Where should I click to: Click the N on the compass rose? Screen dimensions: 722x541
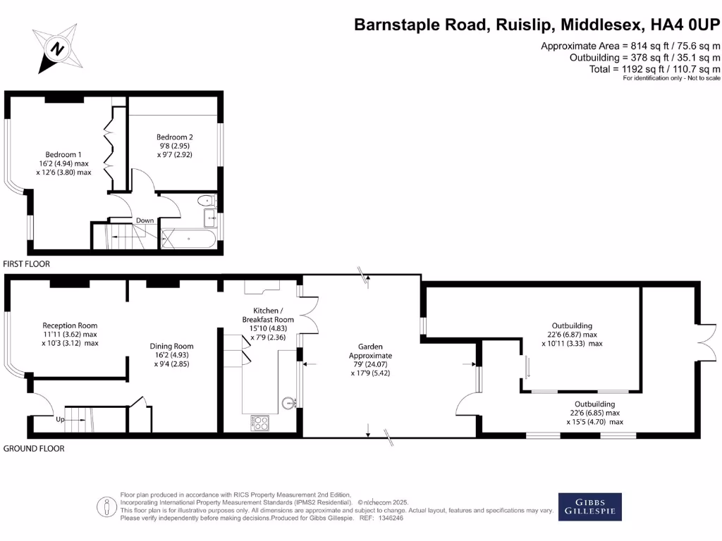click(x=57, y=49)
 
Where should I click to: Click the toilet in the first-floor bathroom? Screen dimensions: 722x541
click(x=206, y=201)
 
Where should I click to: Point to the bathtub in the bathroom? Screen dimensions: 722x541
click(x=188, y=239)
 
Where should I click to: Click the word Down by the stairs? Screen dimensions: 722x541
click(x=145, y=220)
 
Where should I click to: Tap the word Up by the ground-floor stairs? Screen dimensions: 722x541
click(x=61, y=420)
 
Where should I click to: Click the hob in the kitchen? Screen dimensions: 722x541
click(x=259, y=423)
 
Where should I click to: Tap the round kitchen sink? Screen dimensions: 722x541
click(x=288, y=404)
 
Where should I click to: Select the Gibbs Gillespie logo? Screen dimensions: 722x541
click(x=590, y=506)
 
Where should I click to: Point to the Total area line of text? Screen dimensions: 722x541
click(x=655, y=69)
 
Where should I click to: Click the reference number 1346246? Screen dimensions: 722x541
click(x=391, y=518)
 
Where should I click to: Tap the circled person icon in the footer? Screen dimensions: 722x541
click(x=106, y=507)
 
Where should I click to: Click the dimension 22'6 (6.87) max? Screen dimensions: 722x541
click(x=572, y=335)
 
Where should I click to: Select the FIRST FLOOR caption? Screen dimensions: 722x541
click(x=26, y=264)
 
